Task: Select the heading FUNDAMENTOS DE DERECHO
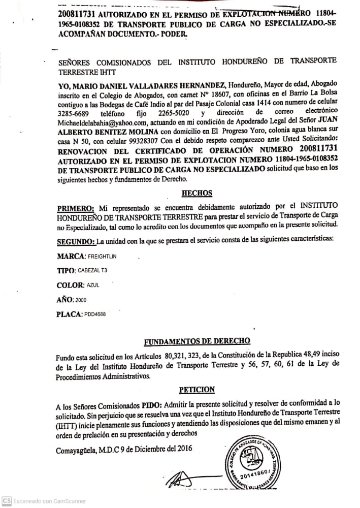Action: pyautogui.click(x=197, y=341)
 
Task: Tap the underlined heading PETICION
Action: pyautogui.click(x=197, y=390)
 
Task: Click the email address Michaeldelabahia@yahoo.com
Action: pyautogui.click(x=103, y=122)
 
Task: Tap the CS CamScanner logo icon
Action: pyautogui.click(x=7, y=500)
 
